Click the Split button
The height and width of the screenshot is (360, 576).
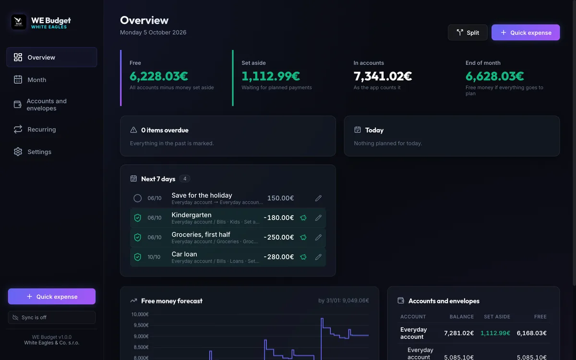point(468,33)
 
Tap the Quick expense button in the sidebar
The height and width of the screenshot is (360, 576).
point(52,297)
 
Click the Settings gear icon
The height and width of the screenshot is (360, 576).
point(18,152)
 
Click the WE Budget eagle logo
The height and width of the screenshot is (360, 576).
point(19,22)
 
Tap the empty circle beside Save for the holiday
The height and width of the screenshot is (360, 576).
point(138,198)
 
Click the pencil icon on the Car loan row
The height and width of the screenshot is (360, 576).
point(318,257)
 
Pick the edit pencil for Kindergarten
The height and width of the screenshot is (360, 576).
point(318,218)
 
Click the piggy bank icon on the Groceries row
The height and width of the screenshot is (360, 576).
point(303,237)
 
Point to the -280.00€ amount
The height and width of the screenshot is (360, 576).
point(279,257)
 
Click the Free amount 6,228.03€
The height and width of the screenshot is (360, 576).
point(159,76)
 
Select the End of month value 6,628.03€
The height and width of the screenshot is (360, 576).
point(494,76)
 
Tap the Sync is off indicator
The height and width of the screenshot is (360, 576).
point(52,317)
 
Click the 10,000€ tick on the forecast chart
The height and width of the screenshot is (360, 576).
point(140,314)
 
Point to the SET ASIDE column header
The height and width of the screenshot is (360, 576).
point(497,316)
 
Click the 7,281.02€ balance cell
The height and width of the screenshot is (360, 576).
point(459,333)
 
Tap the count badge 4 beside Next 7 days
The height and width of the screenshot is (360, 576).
point(185,179)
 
